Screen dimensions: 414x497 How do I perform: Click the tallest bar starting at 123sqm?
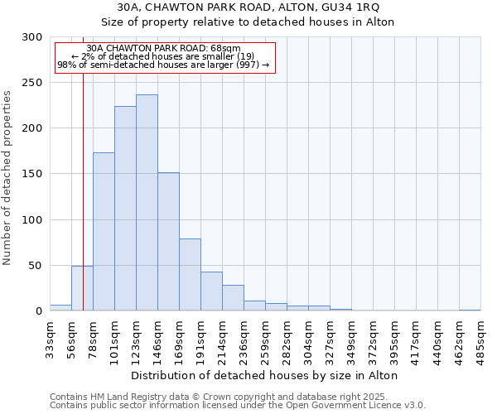147,203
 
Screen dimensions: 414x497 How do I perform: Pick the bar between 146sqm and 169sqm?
168,242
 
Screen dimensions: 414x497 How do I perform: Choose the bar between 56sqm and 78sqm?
82,288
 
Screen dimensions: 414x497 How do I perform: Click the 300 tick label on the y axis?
31,37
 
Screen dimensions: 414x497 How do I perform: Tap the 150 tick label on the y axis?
31,174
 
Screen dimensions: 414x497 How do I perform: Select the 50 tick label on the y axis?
35,266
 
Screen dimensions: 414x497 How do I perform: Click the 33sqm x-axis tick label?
50,338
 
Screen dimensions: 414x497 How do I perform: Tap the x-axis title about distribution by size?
265,375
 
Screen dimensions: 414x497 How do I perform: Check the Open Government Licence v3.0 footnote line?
238,406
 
